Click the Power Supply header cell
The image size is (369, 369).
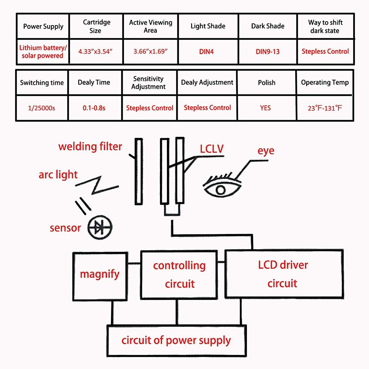pyautogui.click(x=43, y=27)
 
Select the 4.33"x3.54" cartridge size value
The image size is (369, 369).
pyautogui.click(x=95, y=51)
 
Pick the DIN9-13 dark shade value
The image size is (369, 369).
pyautogui.click(x=268, y=52)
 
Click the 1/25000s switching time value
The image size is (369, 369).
pyautogui.click(x=42, y=108)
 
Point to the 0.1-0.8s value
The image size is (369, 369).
pyautogui.click(x=94, y=108)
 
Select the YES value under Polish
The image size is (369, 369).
pyautogui.click(x=265, y=108)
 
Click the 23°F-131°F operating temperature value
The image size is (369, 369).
pyautogui.click(x=325, y=108)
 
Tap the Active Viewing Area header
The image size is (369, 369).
pyautogui.click(x=150, y=26)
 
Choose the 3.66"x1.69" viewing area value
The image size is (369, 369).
pyautogui.click(x=150, y=52)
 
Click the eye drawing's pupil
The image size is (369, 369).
pyautogui.click(x=220, y=190)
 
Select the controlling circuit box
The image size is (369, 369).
pyautogui.click(x=180, y=274)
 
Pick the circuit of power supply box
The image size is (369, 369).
pyautogui.click(x=176, y=340)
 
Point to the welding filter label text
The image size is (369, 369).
pyautogui.click(x=90, y=146)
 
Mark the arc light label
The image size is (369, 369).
pyautogui.click(x=58, y=174)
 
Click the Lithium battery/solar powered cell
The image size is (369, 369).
pyautogui.click(x=43, y=52)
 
